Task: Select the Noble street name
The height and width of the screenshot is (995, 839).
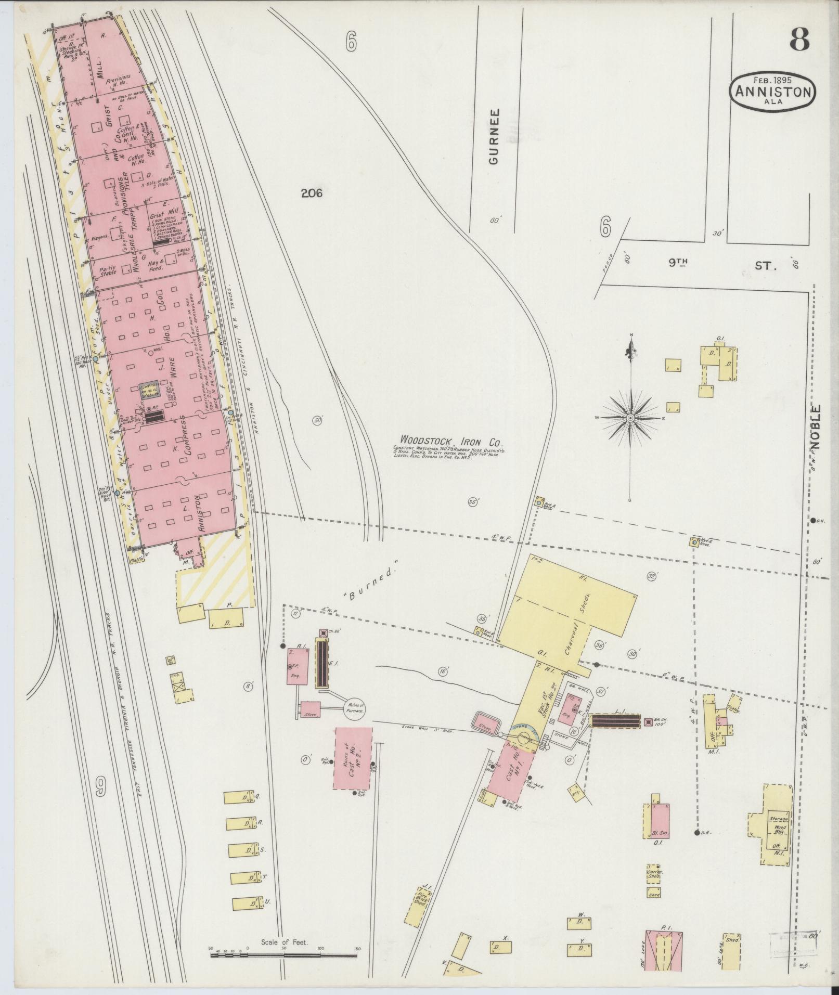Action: (816, 428)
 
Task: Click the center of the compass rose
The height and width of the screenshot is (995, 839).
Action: (630, 418)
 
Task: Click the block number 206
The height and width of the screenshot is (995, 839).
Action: (312, 193)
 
